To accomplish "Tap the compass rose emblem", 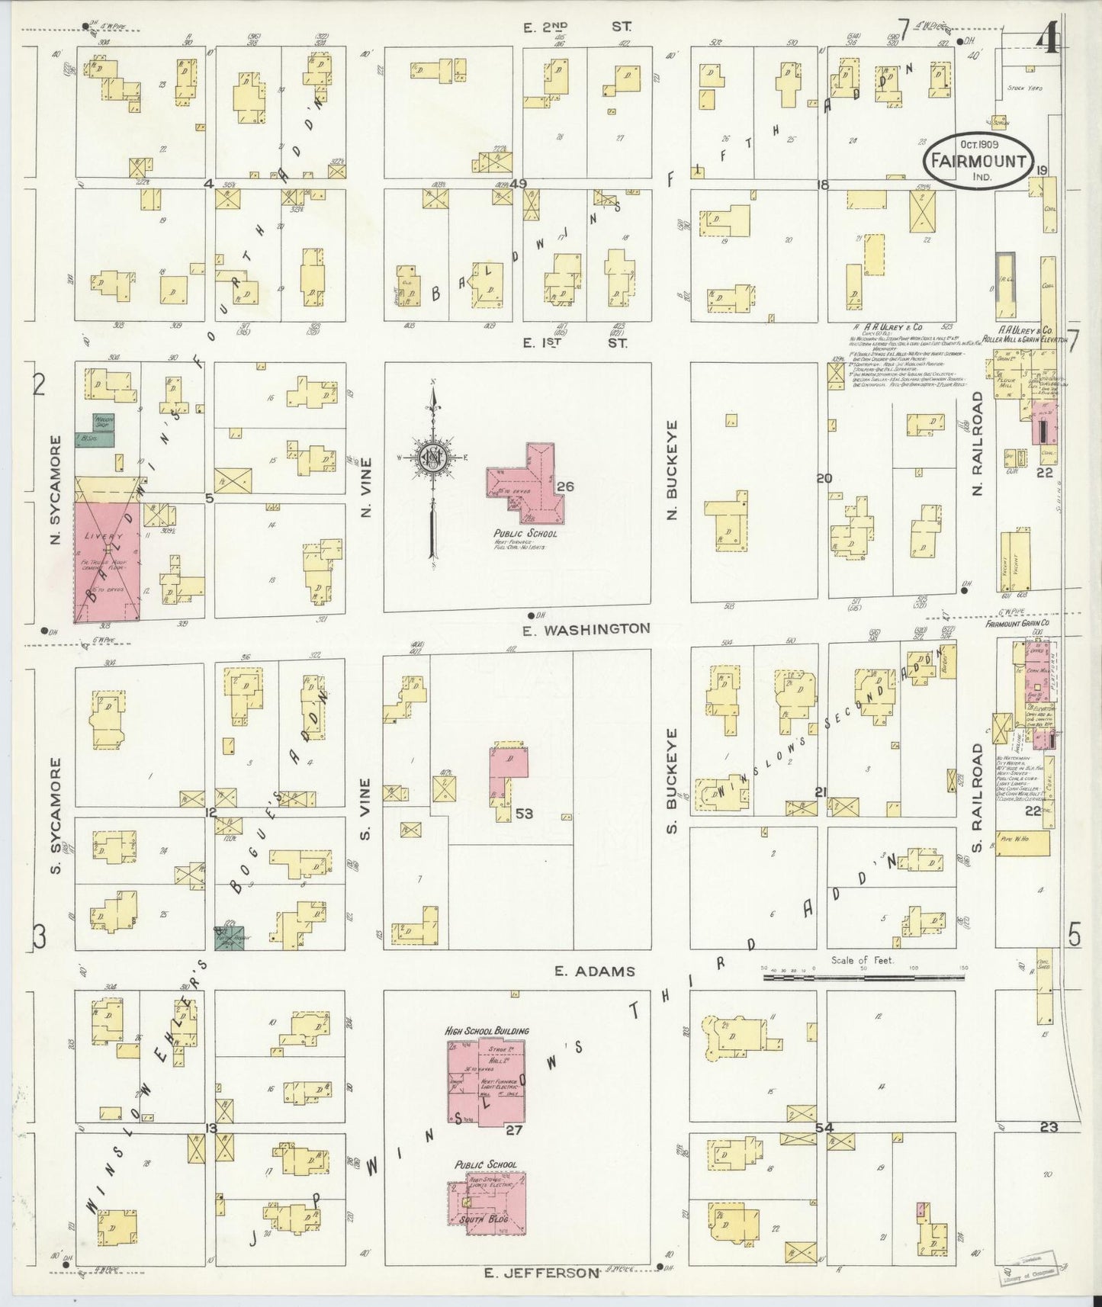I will pos(432,458).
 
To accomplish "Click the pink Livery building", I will pos(107,560).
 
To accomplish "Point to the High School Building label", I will pos(487,1030).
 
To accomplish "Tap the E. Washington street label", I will pos(587,629).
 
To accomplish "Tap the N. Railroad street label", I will pos(978,442).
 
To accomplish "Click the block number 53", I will pos(524,814).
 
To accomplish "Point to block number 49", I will pos(519,183).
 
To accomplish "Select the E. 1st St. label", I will pos(575,343).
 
